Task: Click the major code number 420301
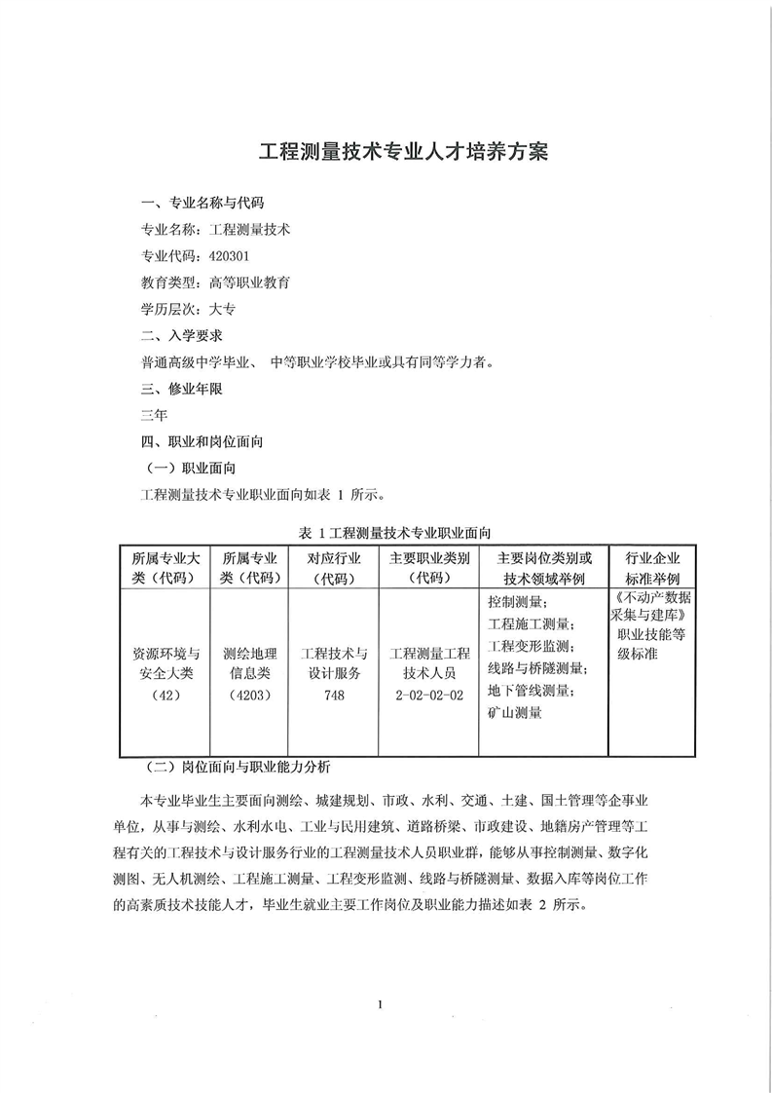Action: [x=230, y=257]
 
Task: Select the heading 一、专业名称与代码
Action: [x=202, y=205]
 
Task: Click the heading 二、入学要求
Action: [x=182, y=336]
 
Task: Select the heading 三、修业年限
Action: [x=182, y=389]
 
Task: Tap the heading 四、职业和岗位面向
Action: [x=202, y=441]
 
